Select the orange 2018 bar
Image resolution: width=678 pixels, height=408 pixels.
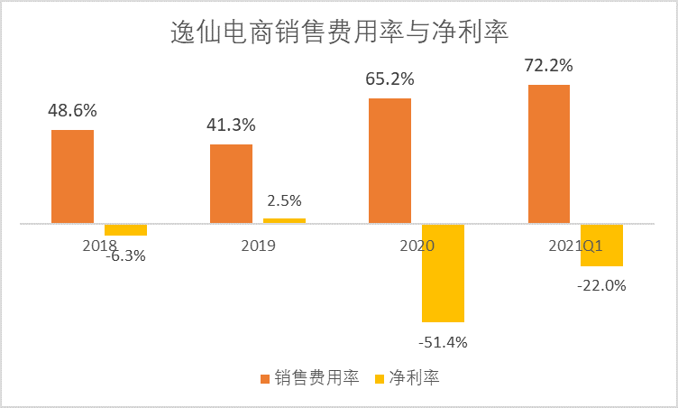pyautogui.click(x=72, y=176)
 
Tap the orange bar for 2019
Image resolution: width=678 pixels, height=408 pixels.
pyautogui.click(x=231, y=183)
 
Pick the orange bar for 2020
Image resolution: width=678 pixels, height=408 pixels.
pyautogui.click(x=389, y=160)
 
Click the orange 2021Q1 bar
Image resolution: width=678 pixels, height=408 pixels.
pyautogui.click(x=548, y=153)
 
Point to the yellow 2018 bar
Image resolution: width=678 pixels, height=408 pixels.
pyautogui.click(x=125, y=229)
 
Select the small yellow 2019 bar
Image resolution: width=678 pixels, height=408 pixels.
pyautogui.click(x=284, y=220)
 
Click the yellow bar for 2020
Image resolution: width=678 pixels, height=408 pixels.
pyautogui.click(x=443, y=273)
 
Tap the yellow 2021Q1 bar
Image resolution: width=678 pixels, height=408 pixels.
pyautogui.click(x=601, y=245)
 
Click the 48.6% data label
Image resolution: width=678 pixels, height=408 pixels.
pyautogui.click(x=72, y=111)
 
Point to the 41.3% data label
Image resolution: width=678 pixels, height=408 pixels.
pyautogui.click(x=231, y=125)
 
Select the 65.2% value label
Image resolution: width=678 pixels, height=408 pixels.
pyautogui.click(x=389, y=79)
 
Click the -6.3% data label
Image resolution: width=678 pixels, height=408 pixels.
pyautogui.click(x=124, y=255)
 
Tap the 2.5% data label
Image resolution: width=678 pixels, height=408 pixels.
pyautogui.click(x=284, y=200)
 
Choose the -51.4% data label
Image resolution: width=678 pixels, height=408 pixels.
pyautogui.click(x=443, y=342)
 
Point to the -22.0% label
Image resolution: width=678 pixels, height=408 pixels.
pyautogui.click(x=601, y=285)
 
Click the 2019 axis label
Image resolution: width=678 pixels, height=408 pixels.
pyautogui.click(x=257, y=246)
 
